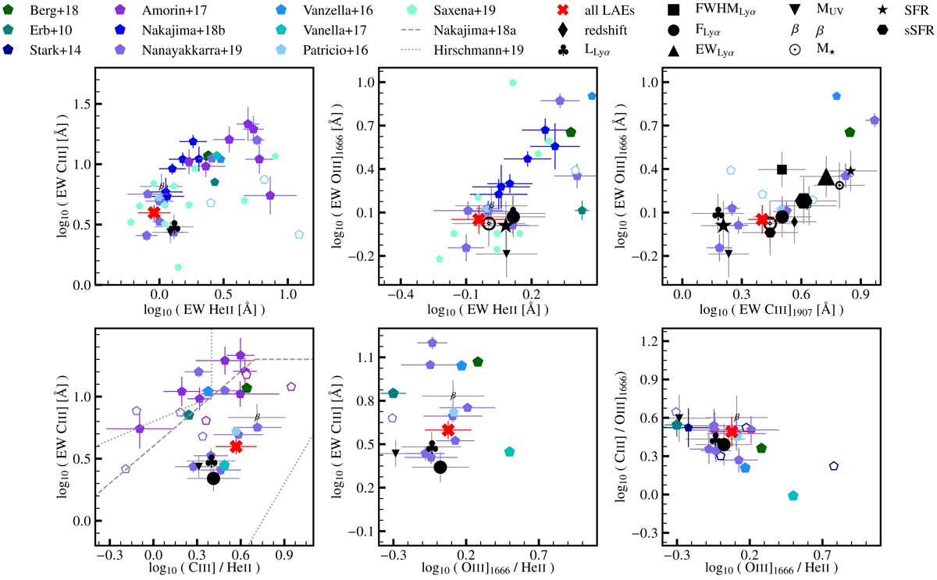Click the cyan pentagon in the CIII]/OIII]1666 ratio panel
[x=793, y=496]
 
